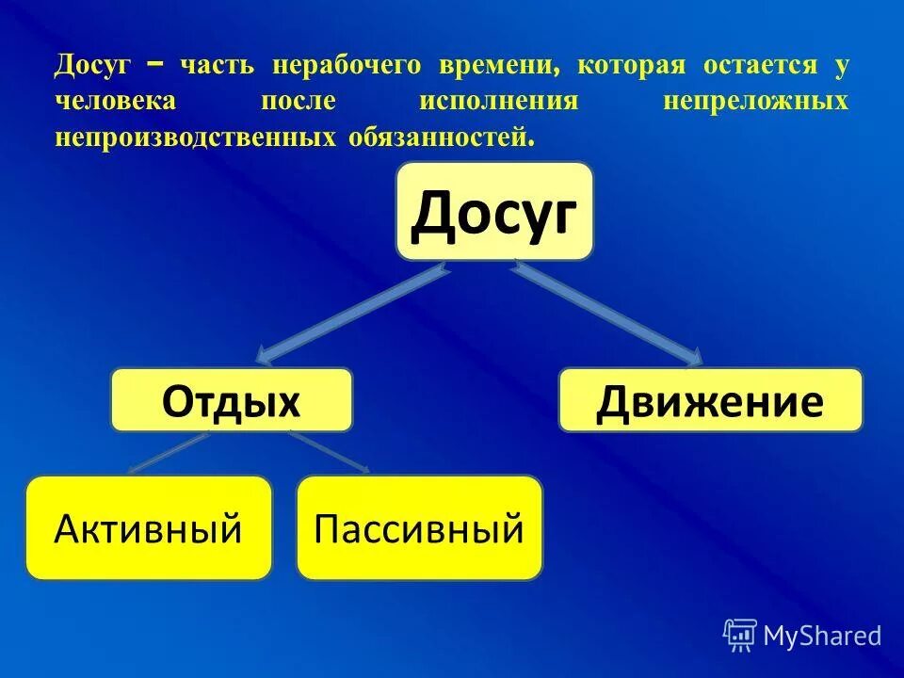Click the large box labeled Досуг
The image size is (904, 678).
click(x=494, y=212)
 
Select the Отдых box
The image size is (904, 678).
click(x=232, y=400)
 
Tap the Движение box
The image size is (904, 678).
click(x=710, y=400)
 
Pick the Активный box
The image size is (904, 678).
click(x=149, y=527)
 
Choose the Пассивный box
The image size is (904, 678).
click(x=419, y=527)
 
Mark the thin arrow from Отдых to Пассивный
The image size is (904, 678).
click(x=330, y=452)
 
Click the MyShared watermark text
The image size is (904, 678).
click(x=822, y=636)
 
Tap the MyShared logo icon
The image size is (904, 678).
click(x=740, y=636)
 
